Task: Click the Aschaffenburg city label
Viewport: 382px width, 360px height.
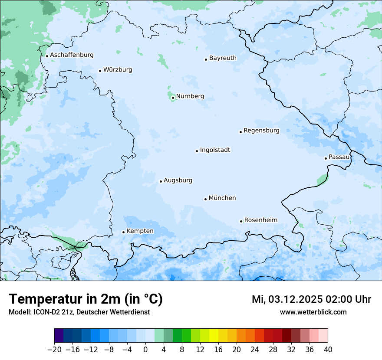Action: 72,55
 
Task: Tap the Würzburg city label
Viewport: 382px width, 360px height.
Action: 118,70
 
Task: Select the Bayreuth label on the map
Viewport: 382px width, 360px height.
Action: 223,58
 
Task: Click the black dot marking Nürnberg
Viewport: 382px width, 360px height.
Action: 173,98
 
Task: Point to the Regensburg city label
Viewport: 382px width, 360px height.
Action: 261,131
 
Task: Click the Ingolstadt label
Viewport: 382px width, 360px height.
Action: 215,150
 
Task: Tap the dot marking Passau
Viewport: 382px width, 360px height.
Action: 326,158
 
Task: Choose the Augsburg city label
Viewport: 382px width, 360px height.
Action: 178,180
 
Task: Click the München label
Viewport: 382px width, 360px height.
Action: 222,198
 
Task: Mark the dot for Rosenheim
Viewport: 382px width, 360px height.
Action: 241,221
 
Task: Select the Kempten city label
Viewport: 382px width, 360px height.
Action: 140,231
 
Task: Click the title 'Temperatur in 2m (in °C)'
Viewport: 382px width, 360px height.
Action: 86,299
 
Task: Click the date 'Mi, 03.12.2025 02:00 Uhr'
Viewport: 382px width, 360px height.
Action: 311,299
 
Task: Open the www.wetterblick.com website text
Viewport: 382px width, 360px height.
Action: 313,312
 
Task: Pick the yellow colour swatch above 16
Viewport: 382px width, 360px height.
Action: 214,336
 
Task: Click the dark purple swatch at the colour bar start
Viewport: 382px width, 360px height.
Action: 59,336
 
